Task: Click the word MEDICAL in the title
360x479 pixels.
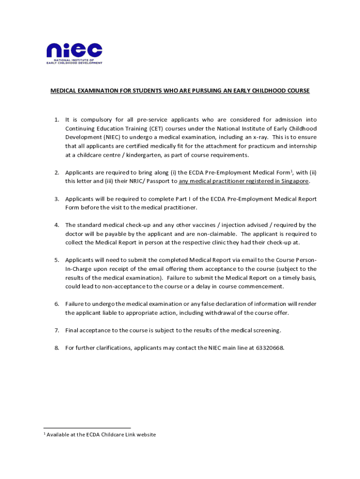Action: click(64, 91)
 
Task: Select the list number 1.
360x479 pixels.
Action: click(56, 120)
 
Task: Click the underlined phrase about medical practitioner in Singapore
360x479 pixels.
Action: click(244, 181)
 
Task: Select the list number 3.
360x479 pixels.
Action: click(56, 199)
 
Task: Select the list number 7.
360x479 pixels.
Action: click(56, 331)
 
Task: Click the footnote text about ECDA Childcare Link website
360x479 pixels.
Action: click(101, 435)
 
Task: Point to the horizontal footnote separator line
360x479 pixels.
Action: click(87, 428)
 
